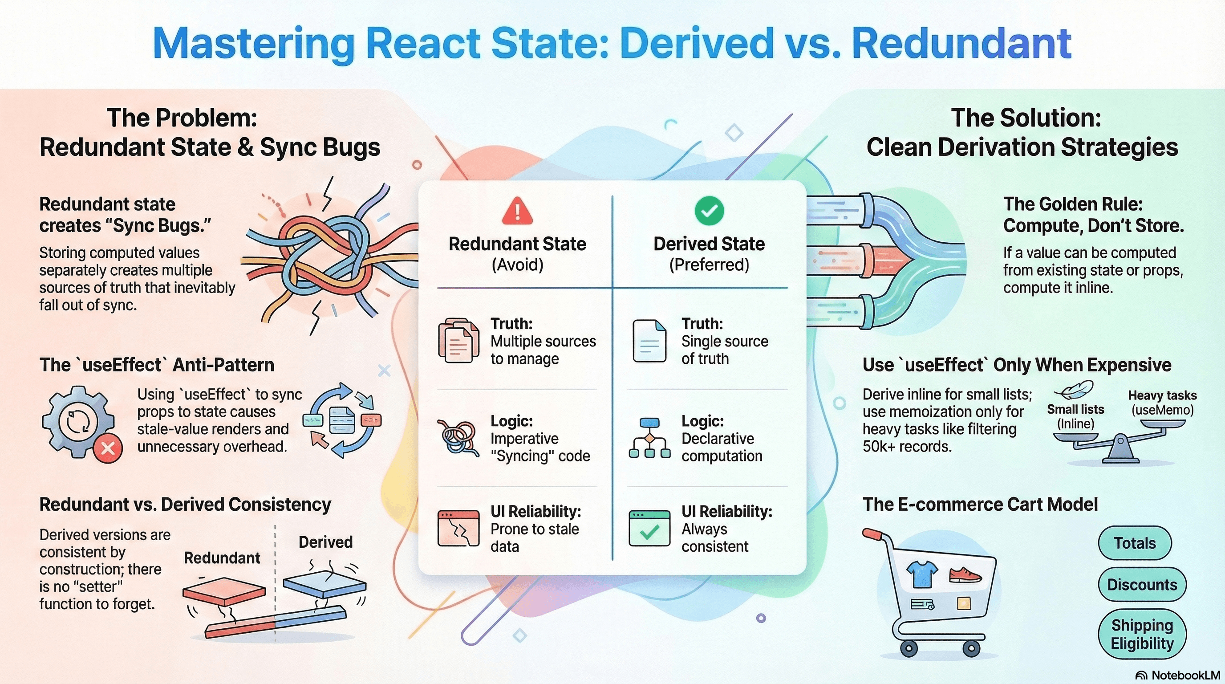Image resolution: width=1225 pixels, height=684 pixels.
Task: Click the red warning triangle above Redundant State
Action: point(517,212)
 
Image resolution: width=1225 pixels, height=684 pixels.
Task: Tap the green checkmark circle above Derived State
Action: point(709,210)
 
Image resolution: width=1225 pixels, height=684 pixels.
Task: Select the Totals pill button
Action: point(1134,543)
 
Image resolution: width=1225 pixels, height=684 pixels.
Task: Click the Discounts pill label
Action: point(1142,584)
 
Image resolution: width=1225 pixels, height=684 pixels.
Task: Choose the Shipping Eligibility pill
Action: point(1142,634)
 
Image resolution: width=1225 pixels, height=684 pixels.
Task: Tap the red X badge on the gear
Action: point(108,448)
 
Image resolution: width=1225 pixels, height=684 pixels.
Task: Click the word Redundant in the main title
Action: point(961,44)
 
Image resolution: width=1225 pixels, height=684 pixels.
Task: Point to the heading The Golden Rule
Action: point(1073,204)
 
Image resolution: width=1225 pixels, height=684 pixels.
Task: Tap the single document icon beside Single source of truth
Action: point(649,341)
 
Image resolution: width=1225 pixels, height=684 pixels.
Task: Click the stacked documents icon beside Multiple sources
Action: point(458,341)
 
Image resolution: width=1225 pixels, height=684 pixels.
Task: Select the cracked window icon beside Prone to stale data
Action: point(458,529)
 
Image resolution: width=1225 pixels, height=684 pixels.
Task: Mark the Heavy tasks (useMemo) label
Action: point(1162,403)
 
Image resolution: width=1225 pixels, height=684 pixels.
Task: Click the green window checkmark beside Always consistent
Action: point(649,529)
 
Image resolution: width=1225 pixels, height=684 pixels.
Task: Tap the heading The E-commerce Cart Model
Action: point(980,504)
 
